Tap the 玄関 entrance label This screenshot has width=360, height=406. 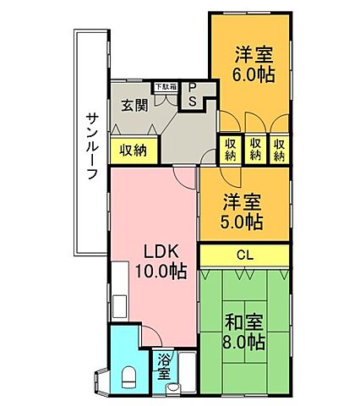point(133,106)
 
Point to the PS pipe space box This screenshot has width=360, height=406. point(192,95)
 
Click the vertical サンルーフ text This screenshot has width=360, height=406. point(92,145)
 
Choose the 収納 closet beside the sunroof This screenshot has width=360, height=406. point(133,151)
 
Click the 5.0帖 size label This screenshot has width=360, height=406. point(243,222)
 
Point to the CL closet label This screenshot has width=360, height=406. point(244,255)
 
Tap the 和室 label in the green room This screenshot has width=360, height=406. point(245,321)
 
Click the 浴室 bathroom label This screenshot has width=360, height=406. point(164,365)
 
